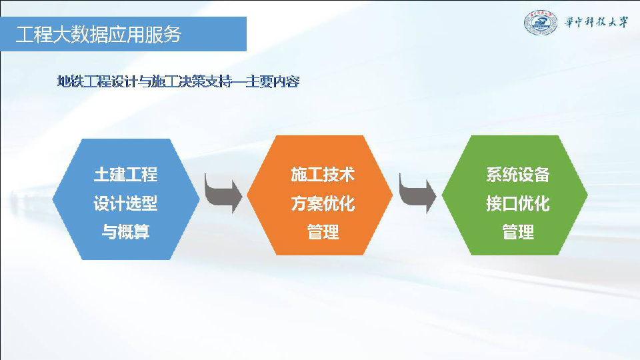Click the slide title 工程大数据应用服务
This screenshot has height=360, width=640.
99,34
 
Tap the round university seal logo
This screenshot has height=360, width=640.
541,23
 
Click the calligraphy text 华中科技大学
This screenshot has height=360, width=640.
596,22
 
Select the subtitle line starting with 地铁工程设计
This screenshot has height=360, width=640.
179,81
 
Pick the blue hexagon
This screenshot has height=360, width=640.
126,199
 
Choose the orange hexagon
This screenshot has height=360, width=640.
320,195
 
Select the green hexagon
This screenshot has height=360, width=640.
515,195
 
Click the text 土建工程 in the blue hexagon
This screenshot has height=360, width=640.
126,174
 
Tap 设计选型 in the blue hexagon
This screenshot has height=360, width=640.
126,203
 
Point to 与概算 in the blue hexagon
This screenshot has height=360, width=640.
126,232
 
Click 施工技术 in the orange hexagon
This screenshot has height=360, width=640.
323,174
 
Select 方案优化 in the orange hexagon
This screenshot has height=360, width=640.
323,203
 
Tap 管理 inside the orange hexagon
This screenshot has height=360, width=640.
323,232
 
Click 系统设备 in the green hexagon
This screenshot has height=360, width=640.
518,174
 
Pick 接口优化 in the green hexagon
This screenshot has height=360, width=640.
518,203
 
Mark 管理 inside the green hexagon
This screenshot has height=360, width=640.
518,232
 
